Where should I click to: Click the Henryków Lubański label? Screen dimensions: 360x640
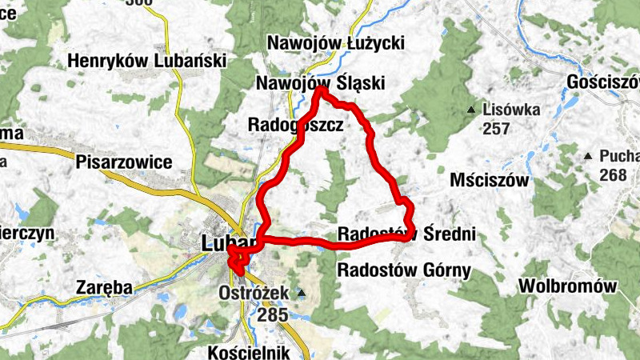coord(147,61)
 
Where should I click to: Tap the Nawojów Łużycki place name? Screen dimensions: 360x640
coord(337,42)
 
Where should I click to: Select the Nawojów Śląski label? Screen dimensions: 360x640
coord(321,83)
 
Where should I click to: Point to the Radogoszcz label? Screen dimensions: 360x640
coord(295,126)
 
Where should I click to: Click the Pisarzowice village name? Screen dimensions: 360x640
coord(124,162)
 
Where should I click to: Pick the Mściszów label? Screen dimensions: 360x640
coord(490,180)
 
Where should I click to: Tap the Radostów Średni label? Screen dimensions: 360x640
coord(407,234)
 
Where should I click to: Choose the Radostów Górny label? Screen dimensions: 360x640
coord(405,269)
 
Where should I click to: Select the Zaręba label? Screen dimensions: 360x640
coord(103,286)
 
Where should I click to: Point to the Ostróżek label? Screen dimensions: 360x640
coord(253,294)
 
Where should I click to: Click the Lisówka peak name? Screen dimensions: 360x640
coord(512,110)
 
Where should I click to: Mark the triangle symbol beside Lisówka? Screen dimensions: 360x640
coord(473,110)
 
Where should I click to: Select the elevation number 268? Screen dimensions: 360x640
coord(614,174)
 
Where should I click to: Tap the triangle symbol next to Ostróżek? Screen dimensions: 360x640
coord(302,294)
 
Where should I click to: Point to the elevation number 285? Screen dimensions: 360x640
coord(273,315)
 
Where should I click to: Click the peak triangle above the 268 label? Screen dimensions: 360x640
coord(589,155)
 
